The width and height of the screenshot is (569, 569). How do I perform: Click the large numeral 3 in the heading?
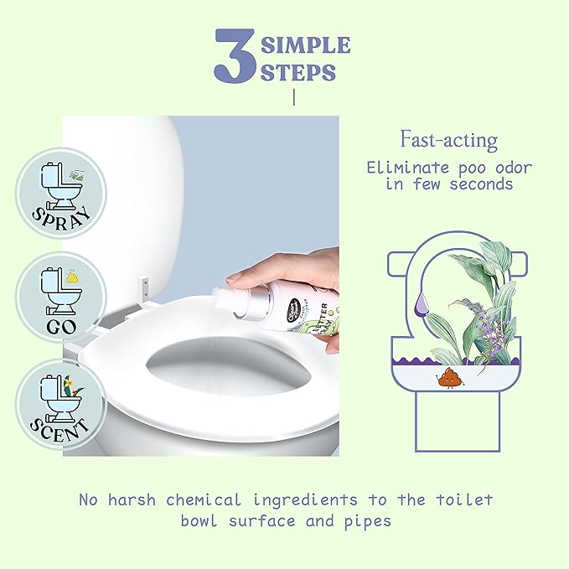coord(235,56)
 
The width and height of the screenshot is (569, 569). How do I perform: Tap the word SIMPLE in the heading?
coord(304,44)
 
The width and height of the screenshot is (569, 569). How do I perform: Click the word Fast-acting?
coord(448,139)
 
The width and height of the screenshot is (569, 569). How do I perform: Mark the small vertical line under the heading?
coord(294,98)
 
